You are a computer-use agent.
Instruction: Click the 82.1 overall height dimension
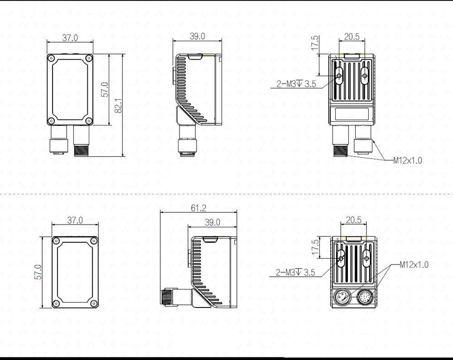tap(118, 105)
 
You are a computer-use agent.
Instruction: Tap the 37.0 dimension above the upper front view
tap(70, 38)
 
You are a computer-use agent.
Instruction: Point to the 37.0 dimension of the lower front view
tap(75, 220)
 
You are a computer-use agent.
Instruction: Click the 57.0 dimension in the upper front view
tap(105, 90)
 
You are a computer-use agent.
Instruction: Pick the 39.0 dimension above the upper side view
tap(197, 36)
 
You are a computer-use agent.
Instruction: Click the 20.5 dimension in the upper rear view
tap(352, 37)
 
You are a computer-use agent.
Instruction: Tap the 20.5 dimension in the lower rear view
tap(353, 220)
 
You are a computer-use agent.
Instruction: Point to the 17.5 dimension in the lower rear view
tap(315, 248)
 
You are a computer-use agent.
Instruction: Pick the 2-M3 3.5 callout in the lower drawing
tap(295, 272)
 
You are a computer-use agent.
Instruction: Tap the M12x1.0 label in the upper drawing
tap(407, 160)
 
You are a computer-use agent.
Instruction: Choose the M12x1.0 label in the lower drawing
tap(414, 264)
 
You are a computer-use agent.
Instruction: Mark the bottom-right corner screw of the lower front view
tap(93, 303)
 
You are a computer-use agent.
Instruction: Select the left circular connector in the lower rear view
tap(342, 298)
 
